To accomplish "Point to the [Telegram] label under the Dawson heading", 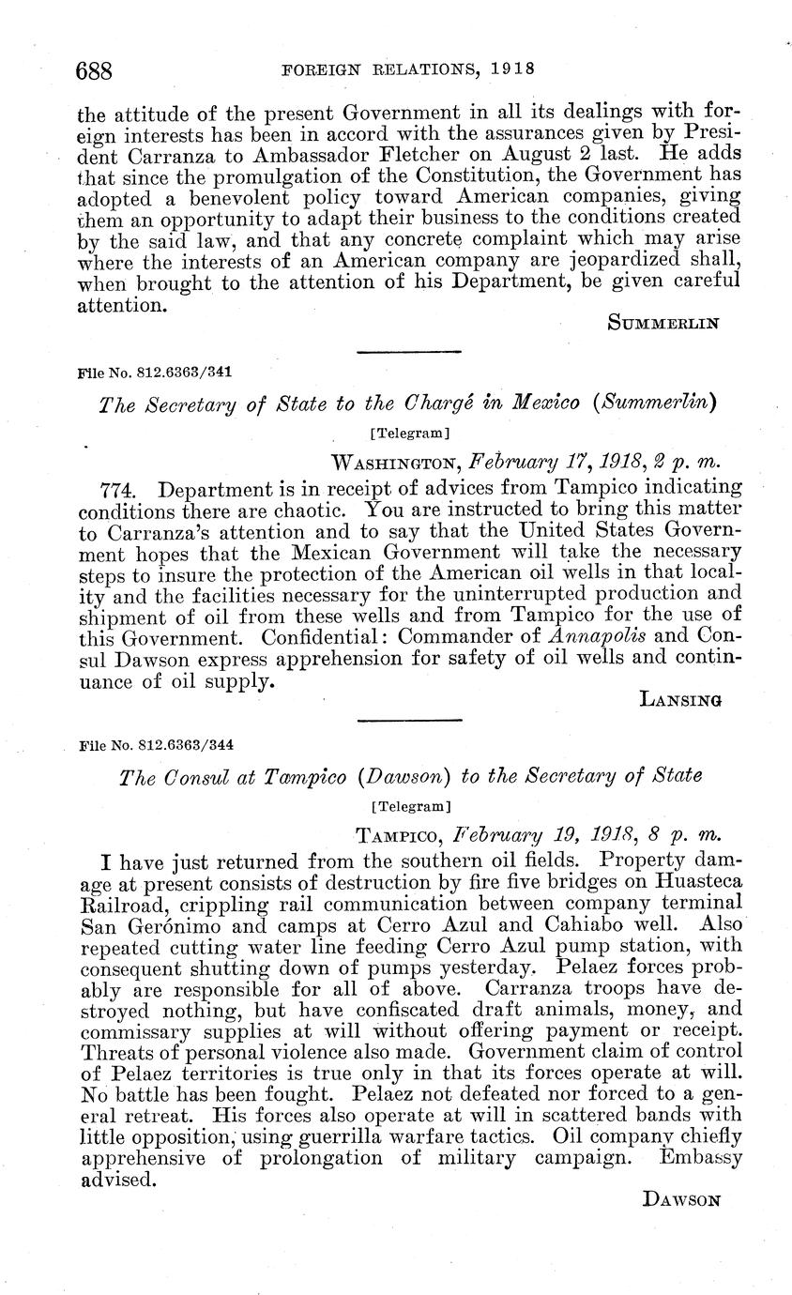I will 411,805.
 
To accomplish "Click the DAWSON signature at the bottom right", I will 682,1199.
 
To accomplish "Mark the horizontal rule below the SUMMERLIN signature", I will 411,352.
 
